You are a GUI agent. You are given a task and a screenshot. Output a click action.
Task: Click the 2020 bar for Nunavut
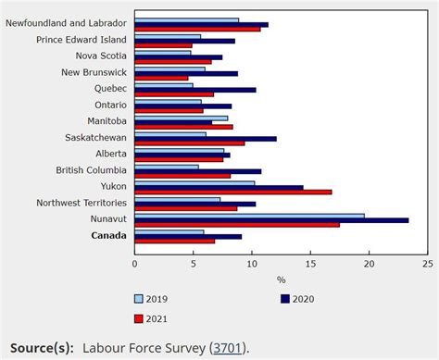[271, 220]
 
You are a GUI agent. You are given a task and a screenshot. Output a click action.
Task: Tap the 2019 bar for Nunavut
[249, 216]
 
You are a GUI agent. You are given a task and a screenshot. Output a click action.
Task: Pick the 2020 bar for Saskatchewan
[205, 139]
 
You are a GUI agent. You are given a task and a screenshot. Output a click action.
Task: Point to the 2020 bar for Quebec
[194, 90]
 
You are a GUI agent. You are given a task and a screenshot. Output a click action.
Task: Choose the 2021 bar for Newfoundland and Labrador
[197, 29]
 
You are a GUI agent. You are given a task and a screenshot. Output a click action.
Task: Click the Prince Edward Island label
[82, 40]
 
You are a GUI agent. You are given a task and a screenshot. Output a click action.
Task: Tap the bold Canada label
[108, 235]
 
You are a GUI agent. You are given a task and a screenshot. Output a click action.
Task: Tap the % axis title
[280, 278]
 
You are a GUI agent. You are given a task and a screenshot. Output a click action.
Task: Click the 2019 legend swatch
[140, 299]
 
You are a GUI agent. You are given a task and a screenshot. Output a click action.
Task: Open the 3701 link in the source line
[227, 348]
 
